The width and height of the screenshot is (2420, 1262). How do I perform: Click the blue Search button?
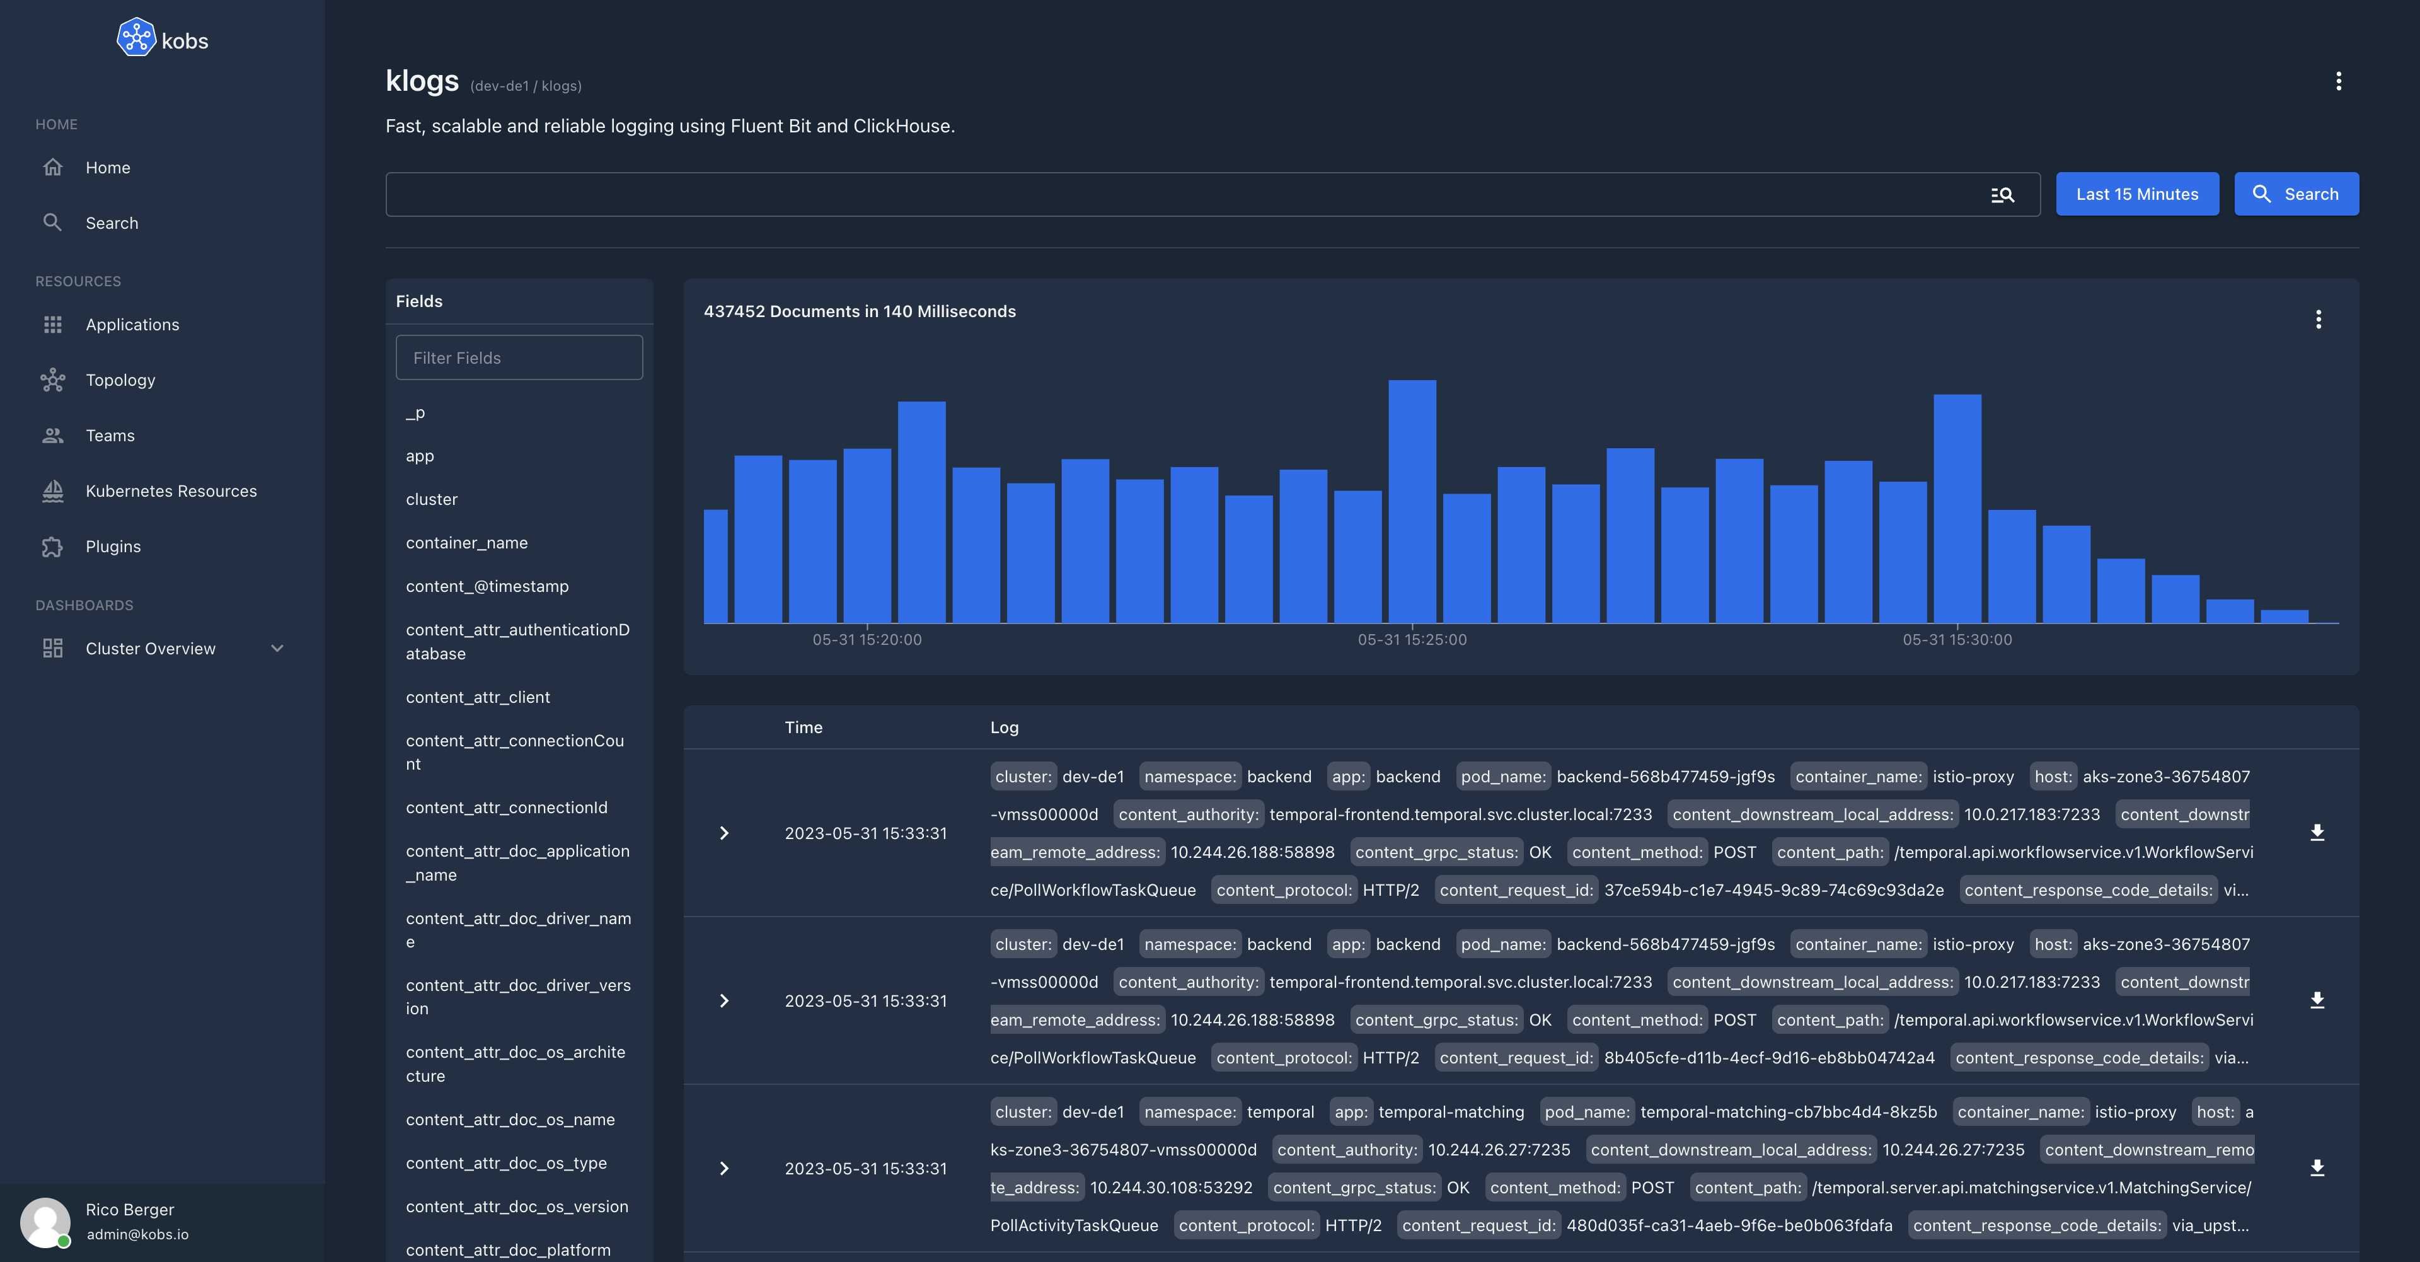(2295, 194)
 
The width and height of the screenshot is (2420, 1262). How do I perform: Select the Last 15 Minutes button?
(2136, 194)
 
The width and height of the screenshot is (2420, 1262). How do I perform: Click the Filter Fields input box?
(519, 357)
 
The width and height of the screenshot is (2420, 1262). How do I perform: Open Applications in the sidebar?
(132, 324)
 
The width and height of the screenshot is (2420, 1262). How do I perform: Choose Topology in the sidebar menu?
(120, 379)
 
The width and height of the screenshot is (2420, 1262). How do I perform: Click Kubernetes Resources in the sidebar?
(170, 490)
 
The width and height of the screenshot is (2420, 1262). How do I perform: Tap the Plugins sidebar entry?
(113, 546)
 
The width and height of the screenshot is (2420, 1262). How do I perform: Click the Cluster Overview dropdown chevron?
(277, 649)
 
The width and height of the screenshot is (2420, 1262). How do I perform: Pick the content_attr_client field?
(477, 697)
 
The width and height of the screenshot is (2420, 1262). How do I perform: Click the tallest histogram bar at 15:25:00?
(1412, 501)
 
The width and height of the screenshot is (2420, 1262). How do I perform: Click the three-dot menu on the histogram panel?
(2318, 320)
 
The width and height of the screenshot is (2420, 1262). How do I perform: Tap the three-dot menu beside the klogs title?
(2338, 81)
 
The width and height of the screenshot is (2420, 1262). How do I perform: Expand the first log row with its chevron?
(723, 833)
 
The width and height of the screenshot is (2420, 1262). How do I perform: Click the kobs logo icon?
(136, 38)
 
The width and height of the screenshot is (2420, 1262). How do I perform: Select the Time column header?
(804, 726)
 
